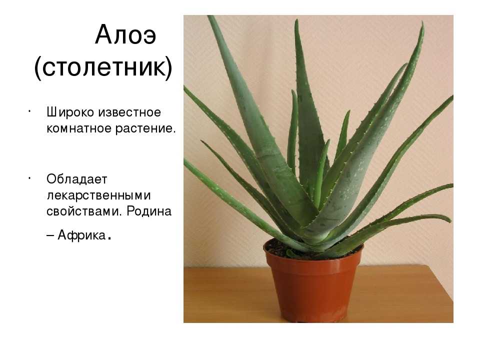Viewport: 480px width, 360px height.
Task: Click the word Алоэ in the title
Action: coord(125,35)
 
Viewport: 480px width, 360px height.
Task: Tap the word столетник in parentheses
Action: coord(103,67)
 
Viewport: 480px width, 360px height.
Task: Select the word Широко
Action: coord(70,112)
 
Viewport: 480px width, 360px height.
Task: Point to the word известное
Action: coord(129,112)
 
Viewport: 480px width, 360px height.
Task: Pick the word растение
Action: coord(145,129)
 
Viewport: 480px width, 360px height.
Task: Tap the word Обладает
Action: coord(77,179)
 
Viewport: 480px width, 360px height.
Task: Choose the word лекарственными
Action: coord(99,195)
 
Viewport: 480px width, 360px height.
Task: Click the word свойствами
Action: coord(82,211)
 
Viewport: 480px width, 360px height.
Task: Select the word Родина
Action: coord(149,211)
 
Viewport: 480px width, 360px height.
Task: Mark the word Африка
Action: coord(81,235)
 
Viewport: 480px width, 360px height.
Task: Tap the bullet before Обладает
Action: coord(29,177)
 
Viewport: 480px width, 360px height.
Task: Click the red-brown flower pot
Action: coord(313,284)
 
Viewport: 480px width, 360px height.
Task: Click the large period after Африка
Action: coord(109,239)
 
